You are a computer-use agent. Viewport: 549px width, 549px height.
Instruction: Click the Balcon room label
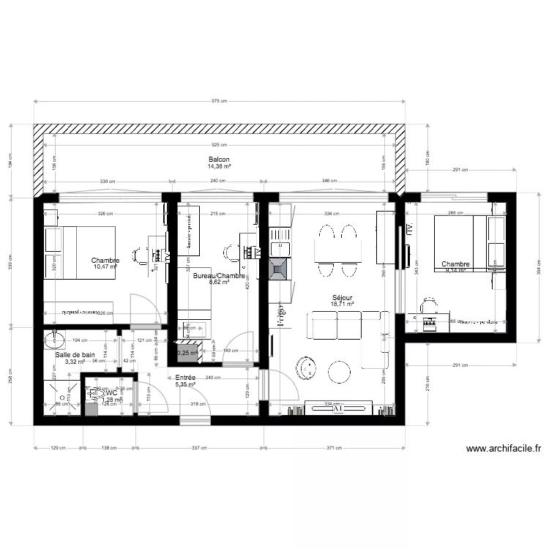click(x=219, y=160)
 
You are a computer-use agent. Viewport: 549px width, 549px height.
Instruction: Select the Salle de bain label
click(x=75, y=354)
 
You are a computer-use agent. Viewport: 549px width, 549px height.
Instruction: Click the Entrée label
click(x=184, y=376)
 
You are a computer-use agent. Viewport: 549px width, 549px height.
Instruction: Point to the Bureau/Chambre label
click(x=217, y=276)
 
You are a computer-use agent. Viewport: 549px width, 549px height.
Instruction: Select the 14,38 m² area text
click(x=219, y=167)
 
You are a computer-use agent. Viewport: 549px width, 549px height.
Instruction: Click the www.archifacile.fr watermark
click(x=504, y=449)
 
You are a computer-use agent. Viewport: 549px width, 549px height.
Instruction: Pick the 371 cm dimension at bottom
click(x=335, y=447)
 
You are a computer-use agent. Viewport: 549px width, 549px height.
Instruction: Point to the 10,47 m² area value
click(x=105, y=267)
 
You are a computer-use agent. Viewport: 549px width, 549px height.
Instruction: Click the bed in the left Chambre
click(x=79, y=252)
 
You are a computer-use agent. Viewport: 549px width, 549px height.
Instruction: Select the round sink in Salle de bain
click(x=53, y=339)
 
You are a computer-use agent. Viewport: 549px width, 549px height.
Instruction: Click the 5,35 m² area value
click(x=184, y=384)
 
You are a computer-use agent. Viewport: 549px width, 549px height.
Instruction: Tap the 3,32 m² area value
click(x=75, y=362)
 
